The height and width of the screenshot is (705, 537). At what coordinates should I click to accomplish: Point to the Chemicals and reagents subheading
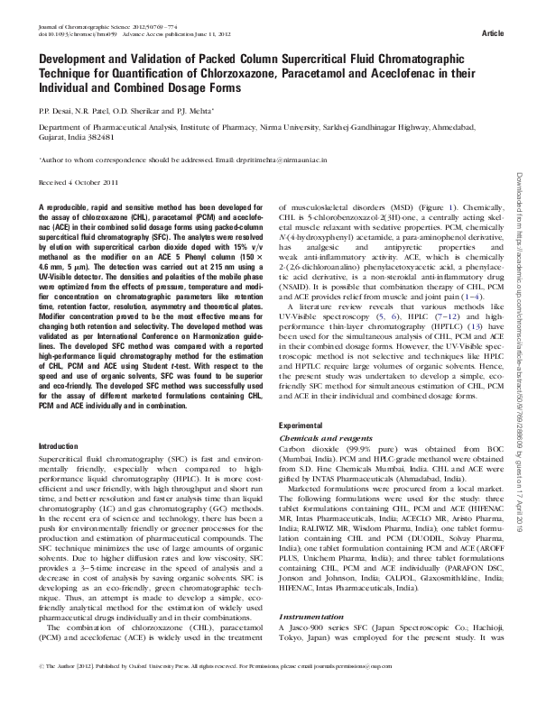click(319, 435)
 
